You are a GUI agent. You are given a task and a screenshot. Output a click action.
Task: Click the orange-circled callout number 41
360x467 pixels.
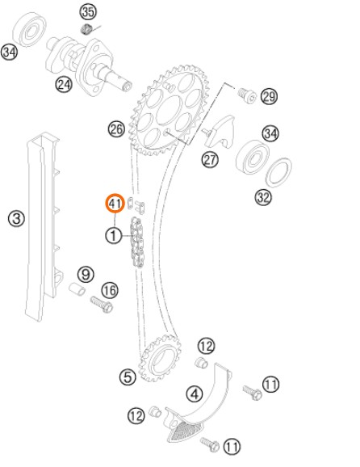tap(115, 204)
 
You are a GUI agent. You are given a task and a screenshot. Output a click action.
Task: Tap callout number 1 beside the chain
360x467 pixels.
tap(113, 236)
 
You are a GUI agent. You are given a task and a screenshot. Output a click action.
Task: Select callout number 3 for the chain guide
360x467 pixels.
tap(16, 218)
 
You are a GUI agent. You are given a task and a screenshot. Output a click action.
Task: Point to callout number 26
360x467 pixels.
tap(116, 129)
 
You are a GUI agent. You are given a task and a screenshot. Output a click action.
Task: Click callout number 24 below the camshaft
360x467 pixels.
tap(64, 84)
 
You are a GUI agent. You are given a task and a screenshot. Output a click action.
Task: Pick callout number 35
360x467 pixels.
tap(88, 12)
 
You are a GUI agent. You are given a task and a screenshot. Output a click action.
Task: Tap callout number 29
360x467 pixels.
tap(270, 96)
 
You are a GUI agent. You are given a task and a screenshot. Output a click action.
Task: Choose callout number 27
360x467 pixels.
tap(210, 160)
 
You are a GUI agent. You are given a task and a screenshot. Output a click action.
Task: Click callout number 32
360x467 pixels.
tap(263, 197)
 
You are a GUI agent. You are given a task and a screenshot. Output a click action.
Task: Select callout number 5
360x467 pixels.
tap(128, 377)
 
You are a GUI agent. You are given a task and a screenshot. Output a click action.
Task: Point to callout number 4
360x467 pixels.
tap(195, 393)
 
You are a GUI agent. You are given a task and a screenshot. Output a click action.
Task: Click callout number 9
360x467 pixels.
tap(86, 274)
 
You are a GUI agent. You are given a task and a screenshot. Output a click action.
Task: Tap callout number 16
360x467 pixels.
tap(110, 290)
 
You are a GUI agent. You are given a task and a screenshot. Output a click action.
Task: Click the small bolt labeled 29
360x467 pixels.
tap(247, 95)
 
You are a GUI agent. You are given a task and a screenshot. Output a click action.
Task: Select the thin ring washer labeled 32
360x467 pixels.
tap(278, 172)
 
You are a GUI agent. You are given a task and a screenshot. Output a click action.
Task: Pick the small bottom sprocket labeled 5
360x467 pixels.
tap(161, 358)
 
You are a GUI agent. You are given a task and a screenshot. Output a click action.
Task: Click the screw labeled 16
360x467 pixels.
tap(102, 304)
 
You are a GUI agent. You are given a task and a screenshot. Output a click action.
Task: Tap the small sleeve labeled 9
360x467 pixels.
tap(77, 289)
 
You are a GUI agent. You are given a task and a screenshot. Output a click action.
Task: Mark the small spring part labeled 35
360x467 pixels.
tap(86, 29)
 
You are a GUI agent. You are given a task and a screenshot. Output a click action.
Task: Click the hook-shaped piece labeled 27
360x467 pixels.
tap(220, 133)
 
